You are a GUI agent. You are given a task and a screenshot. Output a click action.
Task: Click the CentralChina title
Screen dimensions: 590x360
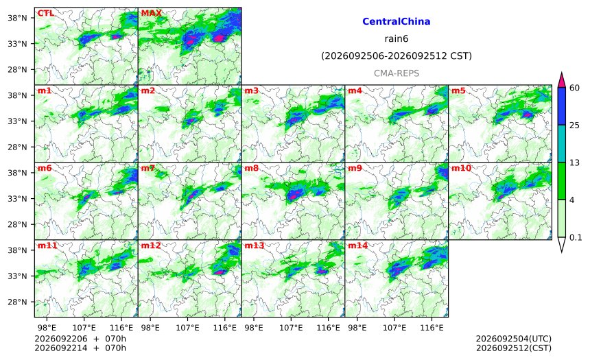397,21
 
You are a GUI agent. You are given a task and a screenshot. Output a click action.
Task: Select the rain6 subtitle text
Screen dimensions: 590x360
397,39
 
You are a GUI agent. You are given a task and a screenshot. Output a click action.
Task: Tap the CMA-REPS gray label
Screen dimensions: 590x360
397,73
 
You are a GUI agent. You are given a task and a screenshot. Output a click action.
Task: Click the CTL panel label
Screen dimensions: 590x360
45,13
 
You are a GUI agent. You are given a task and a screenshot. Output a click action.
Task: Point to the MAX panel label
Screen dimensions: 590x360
151,13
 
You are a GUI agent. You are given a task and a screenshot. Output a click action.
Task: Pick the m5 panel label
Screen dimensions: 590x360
458,91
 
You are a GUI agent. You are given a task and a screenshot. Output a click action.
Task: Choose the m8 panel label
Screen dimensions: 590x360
251,168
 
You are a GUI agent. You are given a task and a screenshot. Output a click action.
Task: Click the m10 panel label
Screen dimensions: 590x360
461,168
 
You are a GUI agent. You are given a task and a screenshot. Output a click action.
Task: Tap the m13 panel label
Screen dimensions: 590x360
255,245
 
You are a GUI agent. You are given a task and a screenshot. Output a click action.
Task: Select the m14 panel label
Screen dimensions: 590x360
358,245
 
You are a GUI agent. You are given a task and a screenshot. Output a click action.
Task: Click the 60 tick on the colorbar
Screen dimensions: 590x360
574,88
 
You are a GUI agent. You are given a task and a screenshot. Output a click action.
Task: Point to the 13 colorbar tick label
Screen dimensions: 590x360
574,163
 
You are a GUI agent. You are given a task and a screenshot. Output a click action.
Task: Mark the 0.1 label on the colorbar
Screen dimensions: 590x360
576,237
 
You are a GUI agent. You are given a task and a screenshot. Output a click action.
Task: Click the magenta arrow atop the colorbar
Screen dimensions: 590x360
561,80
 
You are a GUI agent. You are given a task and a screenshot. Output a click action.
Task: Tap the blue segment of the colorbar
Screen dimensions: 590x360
561,106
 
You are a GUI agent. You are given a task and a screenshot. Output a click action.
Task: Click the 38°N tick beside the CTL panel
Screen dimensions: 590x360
17,18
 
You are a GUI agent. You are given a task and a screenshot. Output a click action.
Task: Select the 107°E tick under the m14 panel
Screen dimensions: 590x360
394,328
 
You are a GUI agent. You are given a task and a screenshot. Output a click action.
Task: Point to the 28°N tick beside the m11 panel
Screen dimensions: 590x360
17,302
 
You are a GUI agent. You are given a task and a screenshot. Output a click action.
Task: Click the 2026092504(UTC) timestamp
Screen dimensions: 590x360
514,339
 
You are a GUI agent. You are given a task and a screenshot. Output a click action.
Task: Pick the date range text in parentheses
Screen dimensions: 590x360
397,56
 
